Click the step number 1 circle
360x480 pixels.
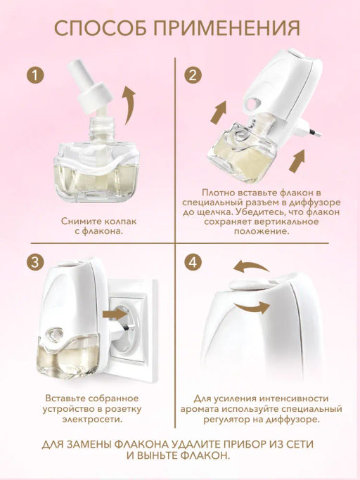(x=35, y=75)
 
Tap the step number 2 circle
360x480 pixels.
(x=193, y=75)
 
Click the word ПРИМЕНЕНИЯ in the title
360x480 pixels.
(x=227, y=29)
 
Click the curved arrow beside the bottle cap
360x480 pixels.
(x=129, y=105)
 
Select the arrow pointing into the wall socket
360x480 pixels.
(x=115, y=313)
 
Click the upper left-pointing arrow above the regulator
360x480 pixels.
(x=251, y=267)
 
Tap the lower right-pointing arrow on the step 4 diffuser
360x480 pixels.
(x=252, y=306)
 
